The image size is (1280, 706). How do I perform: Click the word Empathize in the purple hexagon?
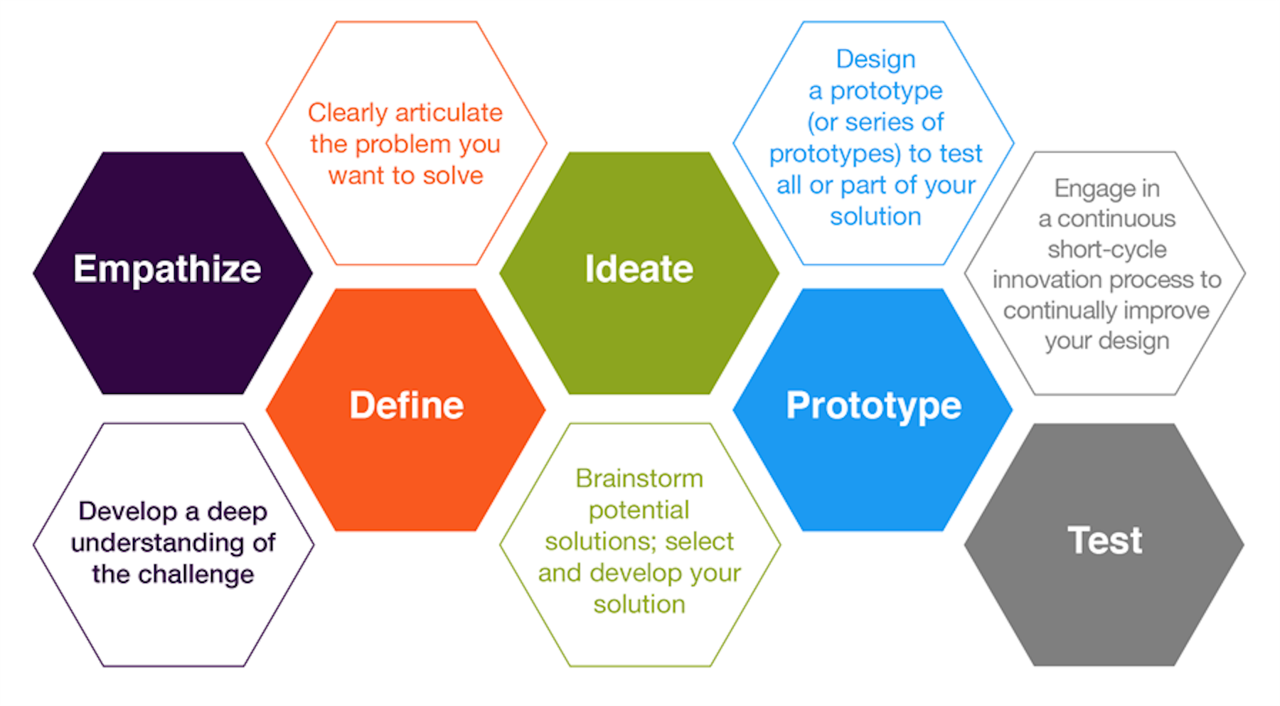pos(167,269)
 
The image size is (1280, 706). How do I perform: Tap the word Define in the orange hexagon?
pos(406,405)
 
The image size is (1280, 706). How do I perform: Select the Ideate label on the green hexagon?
pos(639,269)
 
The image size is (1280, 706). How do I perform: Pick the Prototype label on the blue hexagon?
pos(873,406)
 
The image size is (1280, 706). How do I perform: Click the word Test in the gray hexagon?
pos(1104,540)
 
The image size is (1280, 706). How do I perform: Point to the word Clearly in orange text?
pos(348,112)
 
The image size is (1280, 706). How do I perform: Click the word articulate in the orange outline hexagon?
pos(449,112)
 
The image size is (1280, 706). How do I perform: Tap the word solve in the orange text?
pos(453,176)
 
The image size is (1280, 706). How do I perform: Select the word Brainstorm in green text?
pos(639,478)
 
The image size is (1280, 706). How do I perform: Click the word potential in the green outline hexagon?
pos(639,510)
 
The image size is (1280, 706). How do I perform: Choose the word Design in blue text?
pos(875,59)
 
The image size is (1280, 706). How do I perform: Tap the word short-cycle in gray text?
pos(1106,250)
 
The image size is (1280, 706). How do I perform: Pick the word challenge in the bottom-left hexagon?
pos(196,574)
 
